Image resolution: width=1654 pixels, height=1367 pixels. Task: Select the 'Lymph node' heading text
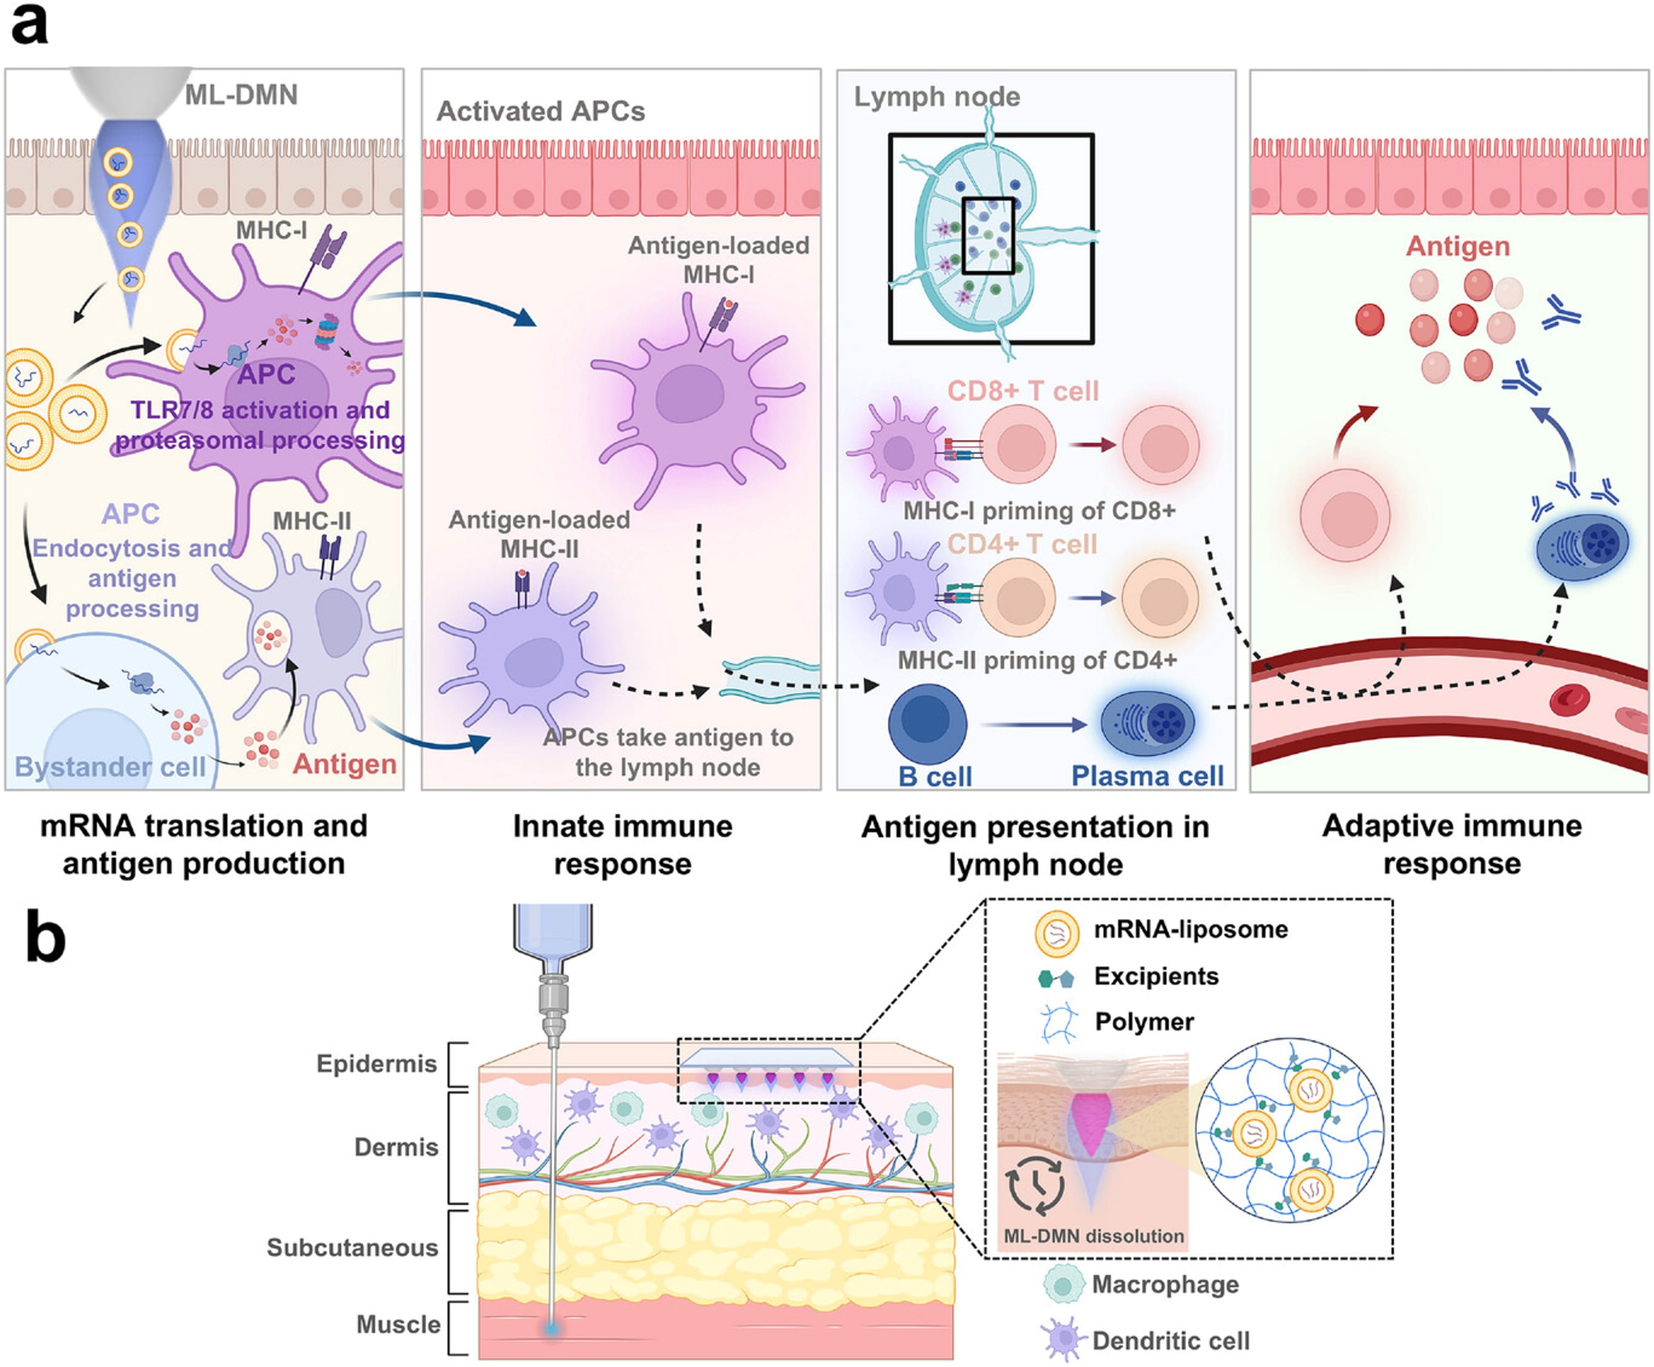pos(937,97)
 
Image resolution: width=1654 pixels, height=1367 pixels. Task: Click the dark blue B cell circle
pos(927,723)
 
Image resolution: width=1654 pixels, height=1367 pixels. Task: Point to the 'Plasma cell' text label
pos(1147,776)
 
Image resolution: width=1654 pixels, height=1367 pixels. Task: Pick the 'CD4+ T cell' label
pos(1021,544)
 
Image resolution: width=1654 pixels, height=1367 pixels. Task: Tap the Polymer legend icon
pos(1058,1023)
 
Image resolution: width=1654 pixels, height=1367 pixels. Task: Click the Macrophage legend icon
pos(1062,1284)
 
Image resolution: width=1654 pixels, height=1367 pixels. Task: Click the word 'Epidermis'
pos(377,1064)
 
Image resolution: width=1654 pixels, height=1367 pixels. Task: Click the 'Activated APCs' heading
pos(540,112)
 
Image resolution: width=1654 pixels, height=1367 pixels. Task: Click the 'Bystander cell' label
pos(110,766)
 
